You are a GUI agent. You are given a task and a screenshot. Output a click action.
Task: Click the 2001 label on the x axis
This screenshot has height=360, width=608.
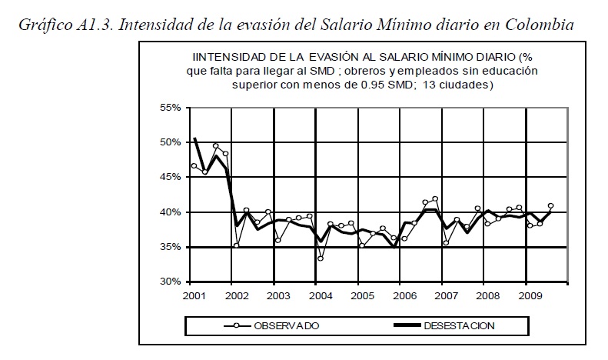(194, 295)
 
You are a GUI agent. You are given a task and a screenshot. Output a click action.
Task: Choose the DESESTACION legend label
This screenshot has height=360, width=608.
(459, 325)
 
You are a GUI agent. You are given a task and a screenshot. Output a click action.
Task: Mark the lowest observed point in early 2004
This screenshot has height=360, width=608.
(320, 258)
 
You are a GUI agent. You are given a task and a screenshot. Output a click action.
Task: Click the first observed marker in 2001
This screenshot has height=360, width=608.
(194, 166)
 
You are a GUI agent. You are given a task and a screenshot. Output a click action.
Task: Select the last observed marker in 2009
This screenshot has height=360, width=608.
(550, 205)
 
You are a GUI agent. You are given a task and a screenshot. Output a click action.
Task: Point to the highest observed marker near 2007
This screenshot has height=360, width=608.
(435, 199)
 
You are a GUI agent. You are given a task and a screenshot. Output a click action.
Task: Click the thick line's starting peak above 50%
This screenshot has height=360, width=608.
(194, 138)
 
